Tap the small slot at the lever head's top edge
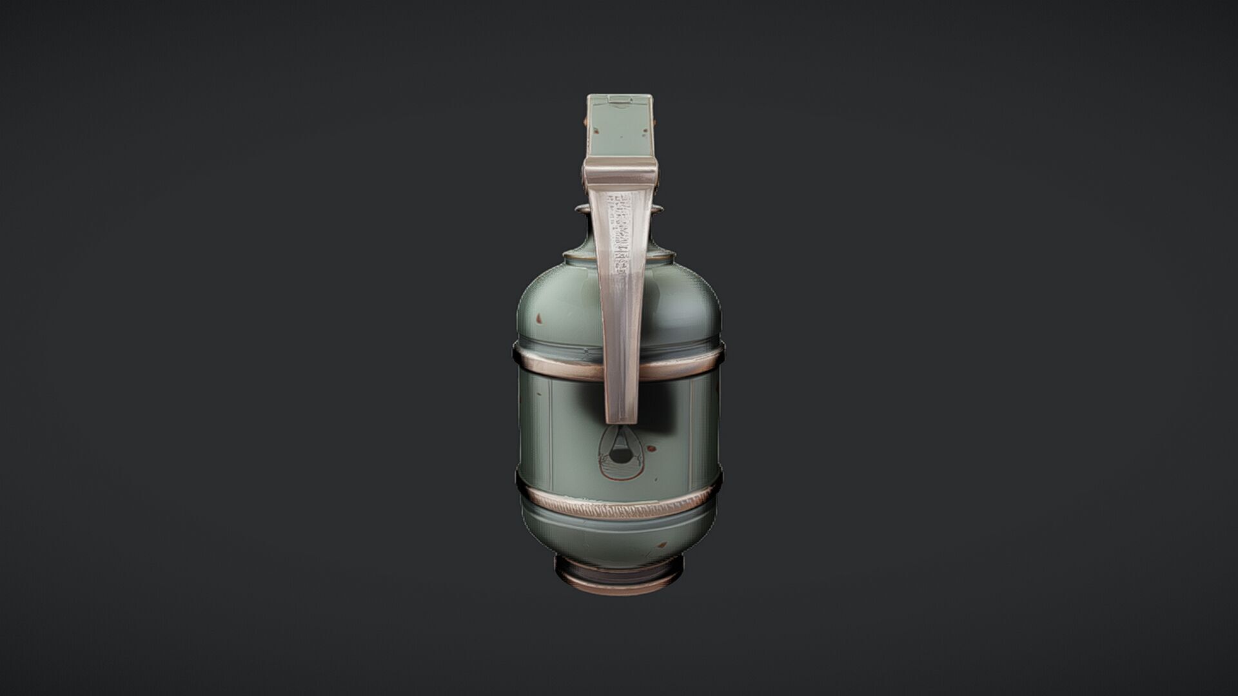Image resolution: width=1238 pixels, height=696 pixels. pos(620,99)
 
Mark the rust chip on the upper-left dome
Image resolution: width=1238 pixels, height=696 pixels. pos(538,318)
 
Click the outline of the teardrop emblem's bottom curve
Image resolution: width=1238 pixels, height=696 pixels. pos(620,479)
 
